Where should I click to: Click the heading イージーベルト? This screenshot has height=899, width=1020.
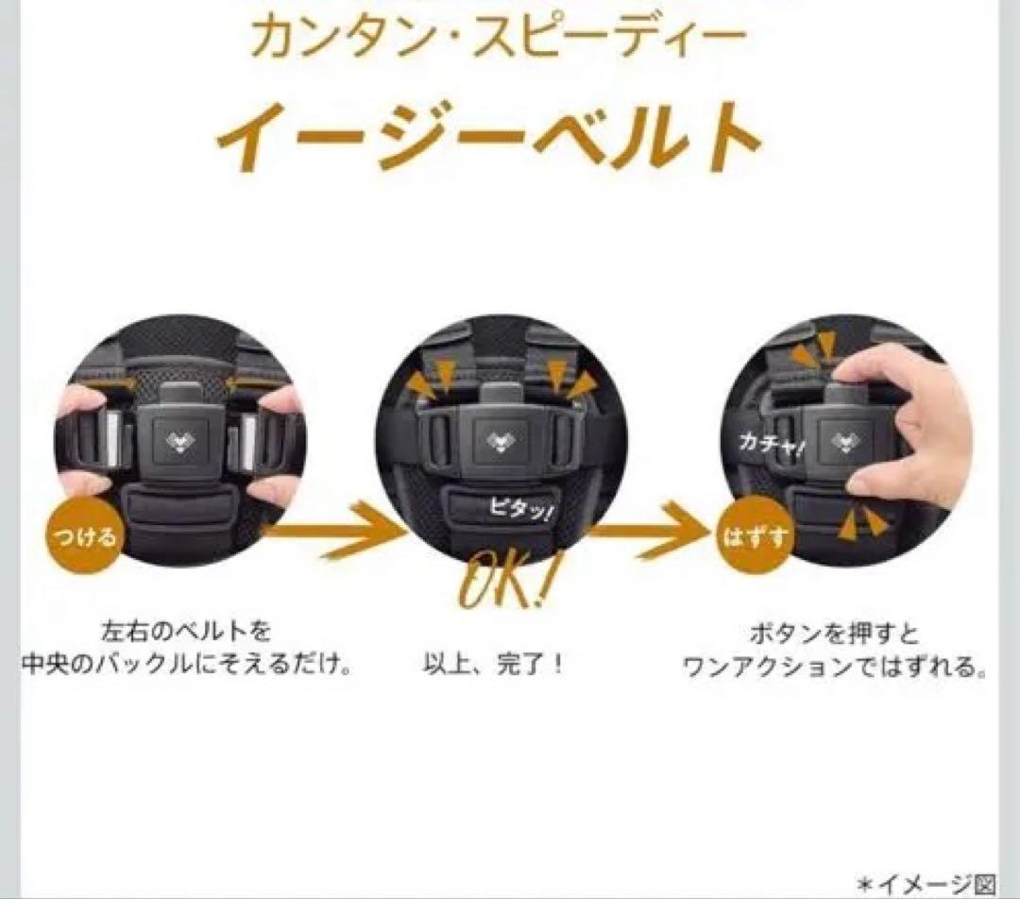tap(489, 137)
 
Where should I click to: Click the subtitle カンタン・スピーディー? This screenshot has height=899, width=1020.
tap(498, 37)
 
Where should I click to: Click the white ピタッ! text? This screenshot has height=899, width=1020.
tap(521, 510)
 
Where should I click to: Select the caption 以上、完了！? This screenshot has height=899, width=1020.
tap(494, 665)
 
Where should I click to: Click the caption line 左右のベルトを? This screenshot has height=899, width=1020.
tap(186, 630)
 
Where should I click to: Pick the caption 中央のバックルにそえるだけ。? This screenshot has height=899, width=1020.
tap(187, 665)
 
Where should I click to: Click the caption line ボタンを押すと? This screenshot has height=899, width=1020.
tap(834, 633)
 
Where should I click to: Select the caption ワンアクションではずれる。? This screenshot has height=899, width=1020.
tap(834, 667)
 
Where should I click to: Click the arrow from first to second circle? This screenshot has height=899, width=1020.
tap(333, 530)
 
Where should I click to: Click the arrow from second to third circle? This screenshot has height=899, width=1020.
tap(651, 530)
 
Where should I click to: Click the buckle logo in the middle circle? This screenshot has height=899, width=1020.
tap(501, 442)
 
